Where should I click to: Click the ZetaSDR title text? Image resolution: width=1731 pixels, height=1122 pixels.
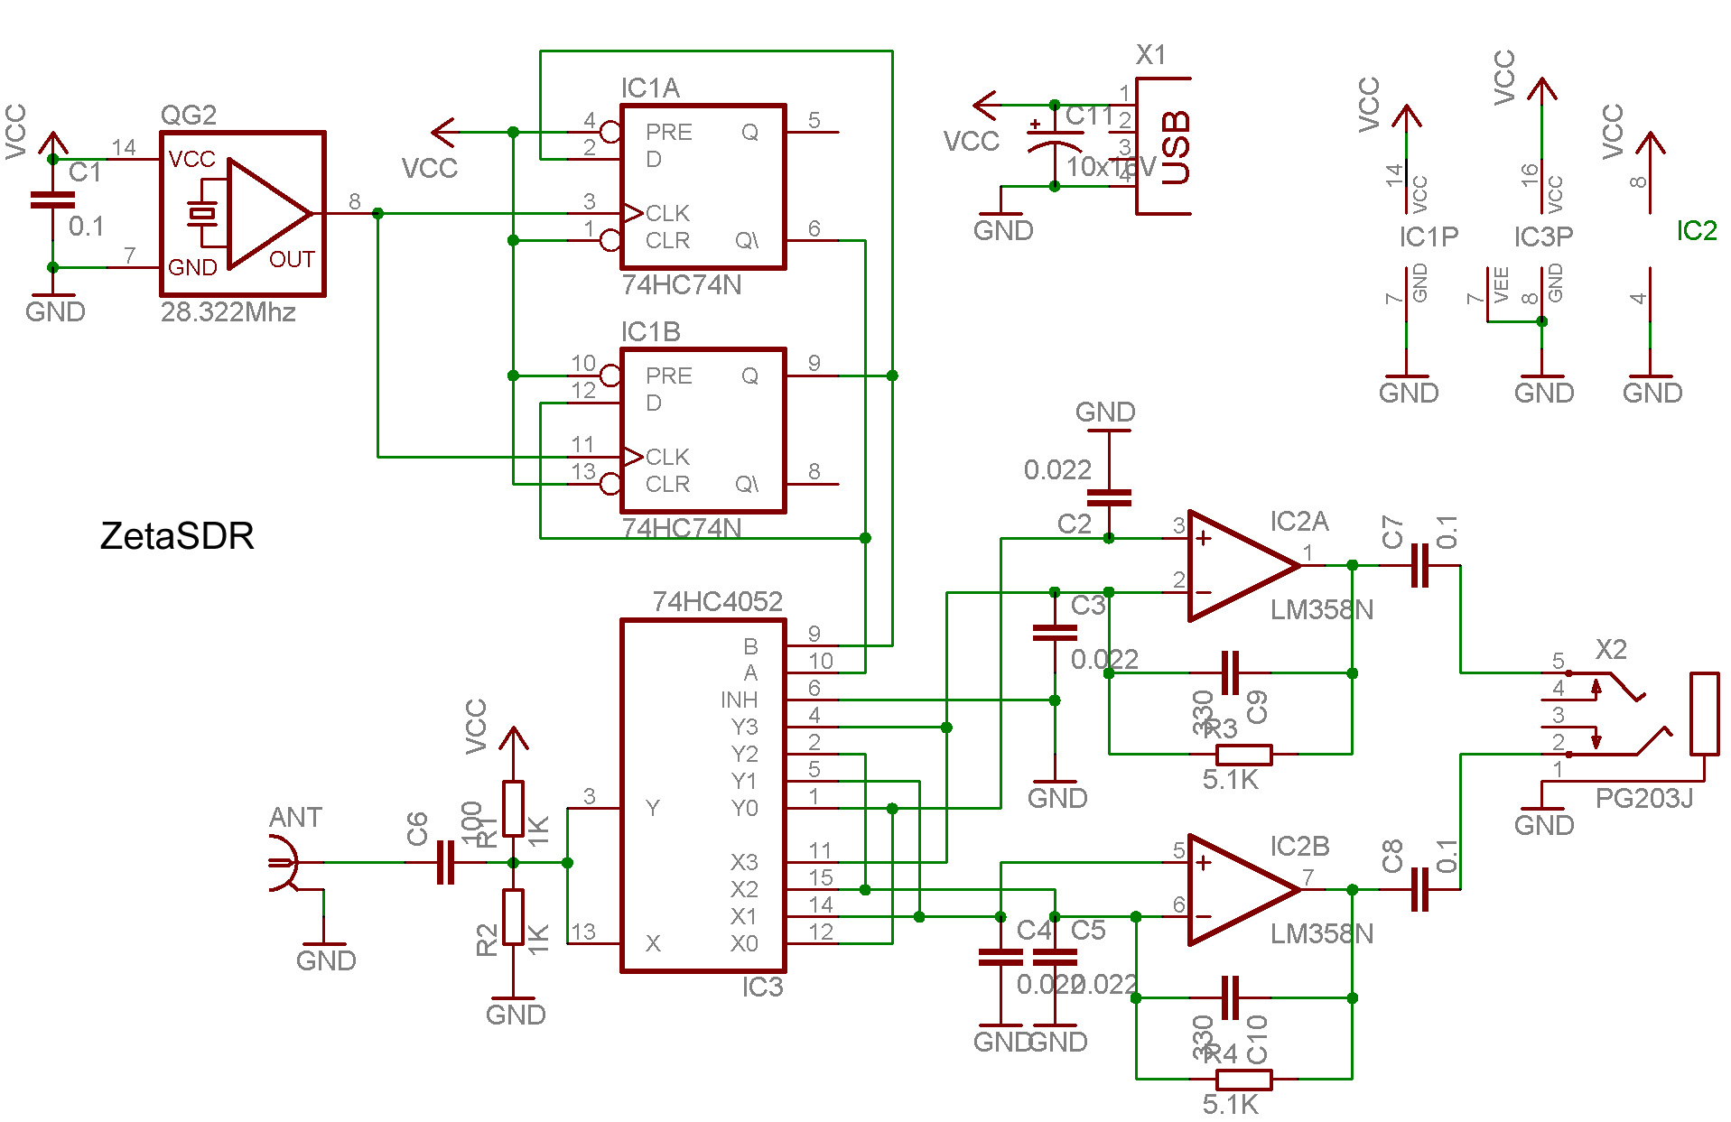(x=177, y=536)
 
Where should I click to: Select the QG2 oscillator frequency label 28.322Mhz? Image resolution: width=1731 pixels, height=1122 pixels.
(x=228, y=312)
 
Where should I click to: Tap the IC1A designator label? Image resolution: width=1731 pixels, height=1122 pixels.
(x=650, y=88)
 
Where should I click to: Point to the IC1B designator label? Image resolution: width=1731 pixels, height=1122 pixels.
(x=650, y=332)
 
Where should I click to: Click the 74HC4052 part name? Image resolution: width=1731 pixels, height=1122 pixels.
(x=717, y=601)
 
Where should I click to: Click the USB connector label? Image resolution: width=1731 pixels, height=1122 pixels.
(x=1175, y=148)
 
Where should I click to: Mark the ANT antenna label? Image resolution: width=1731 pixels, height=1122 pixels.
(x=295, y=818)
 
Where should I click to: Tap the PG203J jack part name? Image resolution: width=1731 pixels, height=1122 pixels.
(x=1643, y=799)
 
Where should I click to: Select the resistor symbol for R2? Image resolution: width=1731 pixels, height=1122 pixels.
(x=514, y=917)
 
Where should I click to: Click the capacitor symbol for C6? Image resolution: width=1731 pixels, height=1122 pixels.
(x=445, y=863)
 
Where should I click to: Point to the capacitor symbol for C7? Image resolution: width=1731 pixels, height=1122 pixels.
(x=1419, y=566)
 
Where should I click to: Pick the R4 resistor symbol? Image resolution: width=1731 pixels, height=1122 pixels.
(x=1243, y=1079)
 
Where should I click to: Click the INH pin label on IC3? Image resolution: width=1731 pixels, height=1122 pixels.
(x=739, y=700)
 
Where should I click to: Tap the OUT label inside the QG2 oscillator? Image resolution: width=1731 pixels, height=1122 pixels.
(x=292, y=260)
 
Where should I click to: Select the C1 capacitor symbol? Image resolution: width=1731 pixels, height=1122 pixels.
(x=52, y=200)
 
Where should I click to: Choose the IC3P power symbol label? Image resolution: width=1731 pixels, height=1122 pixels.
(x=1543, y=236)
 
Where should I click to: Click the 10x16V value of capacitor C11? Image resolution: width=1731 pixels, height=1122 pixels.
(x=1111, y=167)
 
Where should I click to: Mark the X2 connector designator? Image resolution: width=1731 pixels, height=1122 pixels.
(x=1611, y=650)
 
